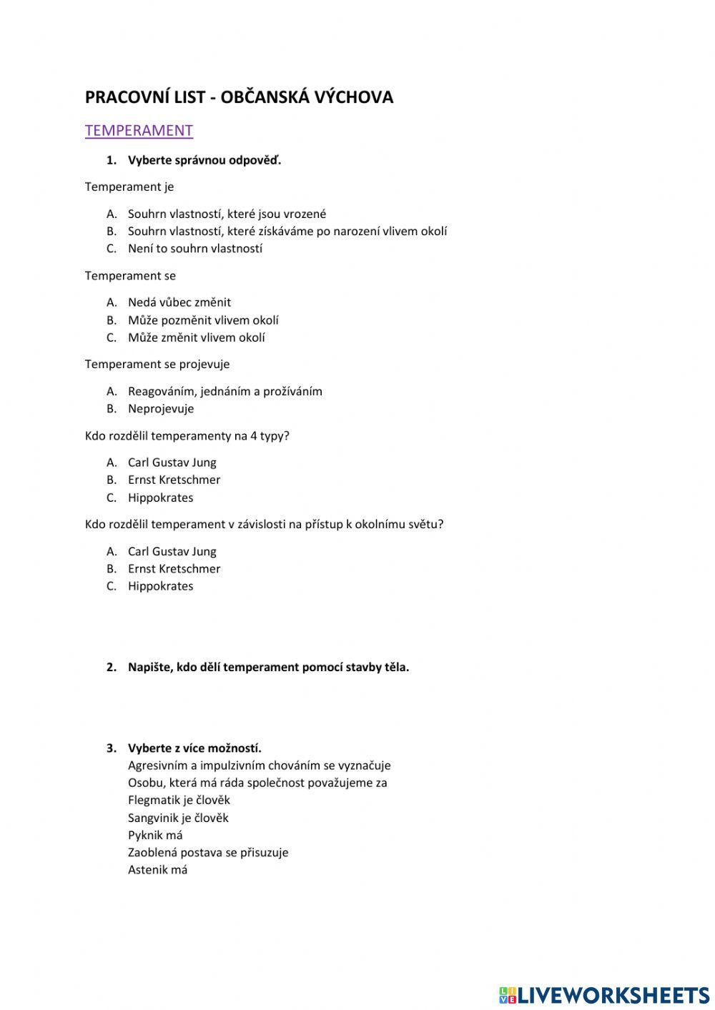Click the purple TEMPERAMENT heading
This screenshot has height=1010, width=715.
click(139, 130)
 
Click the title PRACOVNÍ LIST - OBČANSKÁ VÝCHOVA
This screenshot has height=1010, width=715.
click(239, 97)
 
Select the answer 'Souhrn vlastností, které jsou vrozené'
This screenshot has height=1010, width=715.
click(227, 214)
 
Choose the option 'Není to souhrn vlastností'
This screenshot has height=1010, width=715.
click(194, 249)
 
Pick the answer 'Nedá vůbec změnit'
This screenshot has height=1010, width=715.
click(179, 302)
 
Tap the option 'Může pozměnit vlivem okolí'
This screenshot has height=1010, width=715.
click(203, 320)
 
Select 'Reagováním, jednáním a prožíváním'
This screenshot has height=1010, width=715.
click(225, 391)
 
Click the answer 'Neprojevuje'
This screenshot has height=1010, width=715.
click(161, 409)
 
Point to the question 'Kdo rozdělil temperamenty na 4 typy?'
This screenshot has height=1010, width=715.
click(187, 436)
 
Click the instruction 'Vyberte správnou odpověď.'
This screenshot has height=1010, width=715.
click(204, 160)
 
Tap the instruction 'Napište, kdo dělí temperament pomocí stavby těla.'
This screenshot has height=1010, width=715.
click(268, 667)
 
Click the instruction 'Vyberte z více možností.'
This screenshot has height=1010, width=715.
click(194, 748)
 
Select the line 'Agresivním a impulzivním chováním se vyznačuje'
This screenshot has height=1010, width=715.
click(259, 766)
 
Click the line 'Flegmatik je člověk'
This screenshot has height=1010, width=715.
click(179, 801)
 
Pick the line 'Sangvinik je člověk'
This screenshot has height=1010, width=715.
click(178, 818)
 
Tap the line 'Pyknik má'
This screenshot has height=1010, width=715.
click(155, 836)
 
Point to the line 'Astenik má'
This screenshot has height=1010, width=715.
click(157, 870)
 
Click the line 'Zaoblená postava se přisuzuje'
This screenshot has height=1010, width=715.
click(208, 853)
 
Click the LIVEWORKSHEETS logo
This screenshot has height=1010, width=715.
click(604, 994)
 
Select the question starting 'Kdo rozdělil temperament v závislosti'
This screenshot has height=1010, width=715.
click(264, 525)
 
